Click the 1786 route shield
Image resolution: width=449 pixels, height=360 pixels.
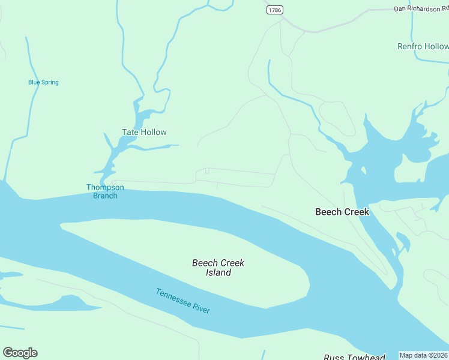coord(275,10)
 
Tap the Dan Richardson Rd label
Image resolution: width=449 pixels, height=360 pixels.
coord(421,8)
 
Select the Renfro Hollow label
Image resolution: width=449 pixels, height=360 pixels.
coord(423,46)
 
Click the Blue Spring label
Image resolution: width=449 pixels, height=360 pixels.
coord(43,82)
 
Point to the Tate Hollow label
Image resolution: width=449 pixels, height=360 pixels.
coord(144,132)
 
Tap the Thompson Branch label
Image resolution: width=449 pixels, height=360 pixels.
coord(105,191)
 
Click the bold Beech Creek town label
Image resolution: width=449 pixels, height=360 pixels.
coord(342,212)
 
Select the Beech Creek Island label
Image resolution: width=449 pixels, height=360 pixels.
coord(218,268)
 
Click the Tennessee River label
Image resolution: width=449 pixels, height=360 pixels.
coord(182,301)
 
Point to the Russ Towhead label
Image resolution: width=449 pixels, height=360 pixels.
coord(354,357)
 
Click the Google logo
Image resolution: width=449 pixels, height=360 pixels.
coord(20,353)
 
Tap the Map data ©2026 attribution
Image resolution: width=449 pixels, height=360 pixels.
coord(423,355)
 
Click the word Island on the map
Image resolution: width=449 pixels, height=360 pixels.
coord(218,273)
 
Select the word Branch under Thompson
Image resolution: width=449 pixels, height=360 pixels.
coord(105,196)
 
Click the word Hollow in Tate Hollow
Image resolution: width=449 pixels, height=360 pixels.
coord(154,132)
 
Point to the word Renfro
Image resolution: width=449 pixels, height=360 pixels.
coord(410,46)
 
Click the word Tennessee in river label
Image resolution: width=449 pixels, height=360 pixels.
coord(173,297)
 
